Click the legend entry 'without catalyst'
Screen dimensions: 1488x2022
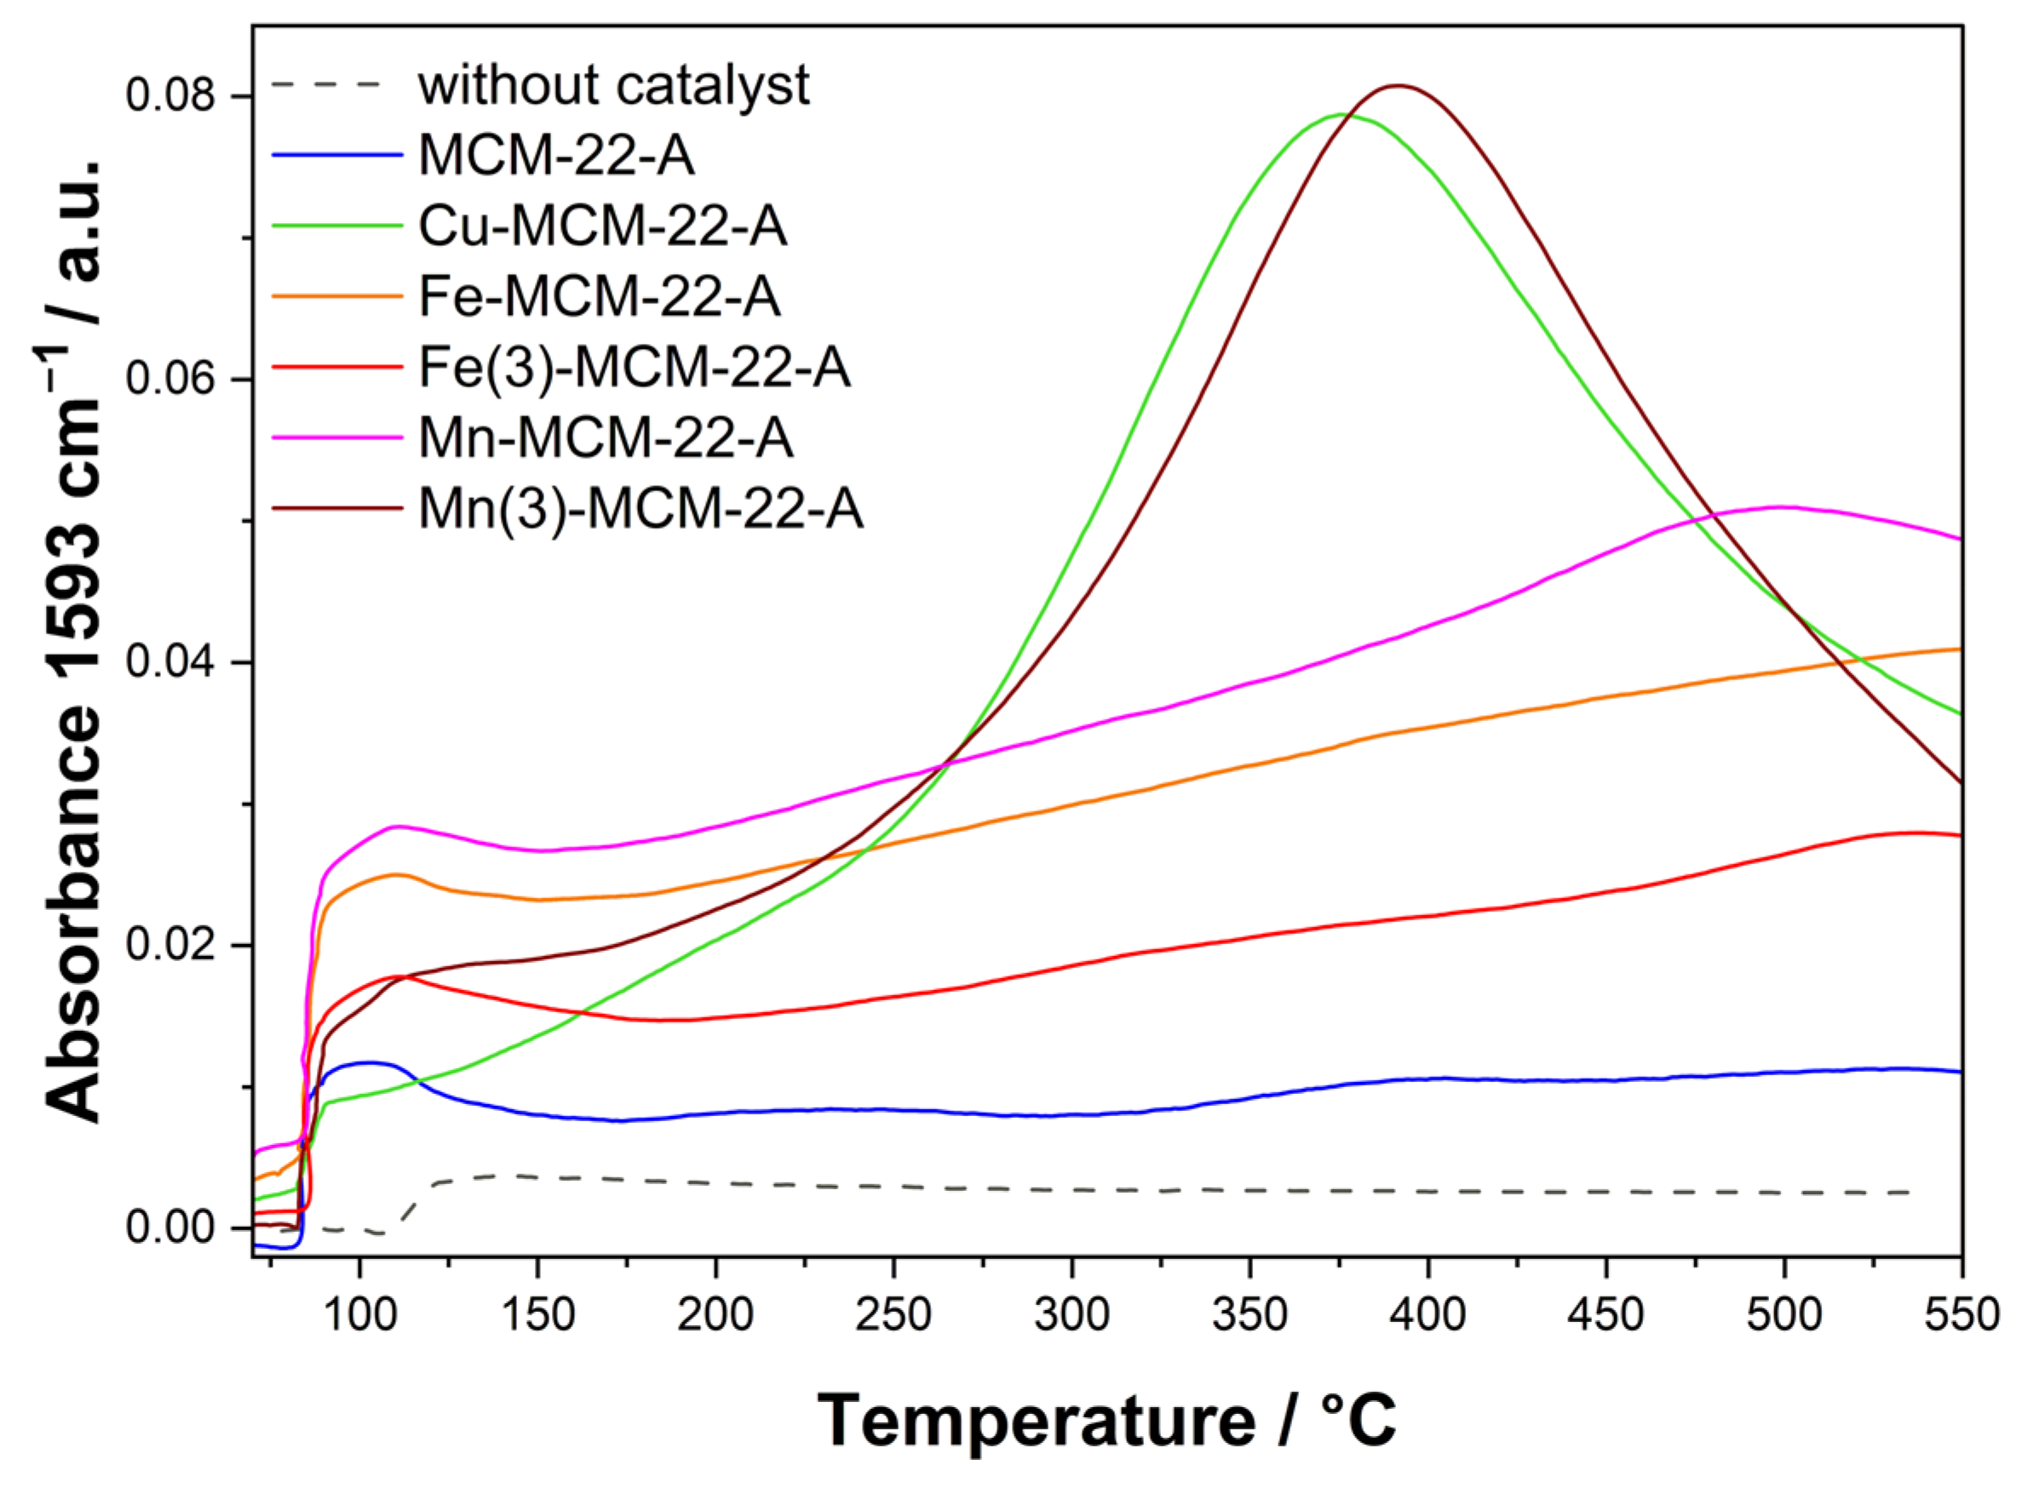tap(612, 86)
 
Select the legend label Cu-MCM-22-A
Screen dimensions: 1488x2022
tap(602, 226)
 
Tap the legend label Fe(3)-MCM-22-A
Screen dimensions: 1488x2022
tap(635, 368)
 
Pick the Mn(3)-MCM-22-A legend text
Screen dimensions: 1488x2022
tap(640, 509)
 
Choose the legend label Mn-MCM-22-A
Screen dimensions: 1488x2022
tap(606, 438)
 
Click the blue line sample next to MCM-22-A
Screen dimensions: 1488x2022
tap(336, 156)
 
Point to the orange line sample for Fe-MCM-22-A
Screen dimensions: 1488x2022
tap(336, 296)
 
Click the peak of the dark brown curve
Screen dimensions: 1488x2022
tap(1397, 86)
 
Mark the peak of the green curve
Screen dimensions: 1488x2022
tap(1340, 114)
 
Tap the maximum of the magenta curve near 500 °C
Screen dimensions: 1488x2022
tap(1779, 507)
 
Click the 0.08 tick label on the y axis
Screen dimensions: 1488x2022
tap(158, 95)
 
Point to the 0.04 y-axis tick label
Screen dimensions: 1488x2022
tap(158, 662)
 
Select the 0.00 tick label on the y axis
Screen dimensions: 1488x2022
tap(158, 1228)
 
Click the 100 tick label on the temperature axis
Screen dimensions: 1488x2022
tap(359, 1316)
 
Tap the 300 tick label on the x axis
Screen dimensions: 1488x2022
tap(1071, 1316)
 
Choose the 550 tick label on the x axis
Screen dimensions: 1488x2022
tap(1961, 1316)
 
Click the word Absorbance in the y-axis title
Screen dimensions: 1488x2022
tap(77, 914)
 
